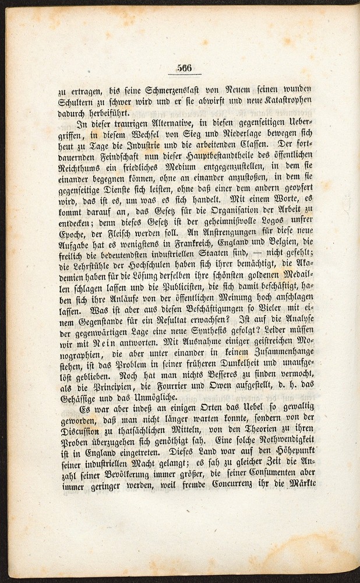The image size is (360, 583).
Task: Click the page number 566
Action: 188,68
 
